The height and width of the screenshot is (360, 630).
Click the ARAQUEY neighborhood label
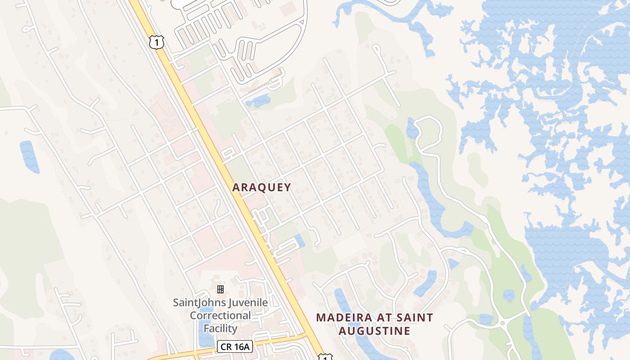point(261,188)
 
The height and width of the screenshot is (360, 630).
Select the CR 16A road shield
point(235,346)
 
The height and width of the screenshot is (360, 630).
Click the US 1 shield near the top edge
point(156,42)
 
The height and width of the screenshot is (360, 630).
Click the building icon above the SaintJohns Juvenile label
point(220,289)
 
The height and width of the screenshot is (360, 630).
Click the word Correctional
point(220,315)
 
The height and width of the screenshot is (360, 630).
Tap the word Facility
point(220,328)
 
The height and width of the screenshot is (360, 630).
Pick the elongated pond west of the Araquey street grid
point(29,157)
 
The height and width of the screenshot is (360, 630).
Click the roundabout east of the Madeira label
point(502,323)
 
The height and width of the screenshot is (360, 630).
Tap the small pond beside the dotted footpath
point(259,100)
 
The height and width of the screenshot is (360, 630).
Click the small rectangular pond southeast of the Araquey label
point(299,240)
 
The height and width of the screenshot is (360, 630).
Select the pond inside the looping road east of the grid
point(412,129)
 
